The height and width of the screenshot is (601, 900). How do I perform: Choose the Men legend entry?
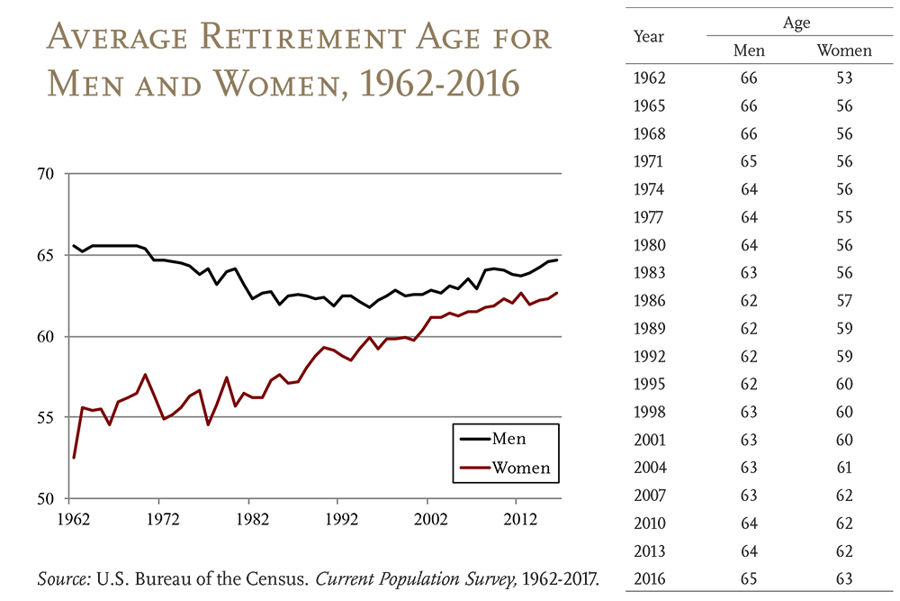coord(508,439)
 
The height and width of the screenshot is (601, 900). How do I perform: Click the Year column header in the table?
coord(649,36)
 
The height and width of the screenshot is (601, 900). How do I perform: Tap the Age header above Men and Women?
coord(796,23)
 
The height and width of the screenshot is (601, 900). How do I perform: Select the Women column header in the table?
coord(843,50)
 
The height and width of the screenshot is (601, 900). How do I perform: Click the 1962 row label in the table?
coord(650,78)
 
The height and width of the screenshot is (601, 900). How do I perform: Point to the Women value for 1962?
coord(843,78)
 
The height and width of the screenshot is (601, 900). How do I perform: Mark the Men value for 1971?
coord(749,161)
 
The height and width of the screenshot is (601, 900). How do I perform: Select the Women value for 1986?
coord(843,300)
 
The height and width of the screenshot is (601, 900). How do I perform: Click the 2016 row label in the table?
coord(650,578)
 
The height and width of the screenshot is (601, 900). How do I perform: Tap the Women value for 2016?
coord(843,578)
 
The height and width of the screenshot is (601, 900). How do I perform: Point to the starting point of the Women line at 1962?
coord(74,458)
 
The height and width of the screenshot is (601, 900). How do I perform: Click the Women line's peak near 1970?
coord(146,375)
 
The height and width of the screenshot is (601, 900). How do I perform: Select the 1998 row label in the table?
coord(650,412)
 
